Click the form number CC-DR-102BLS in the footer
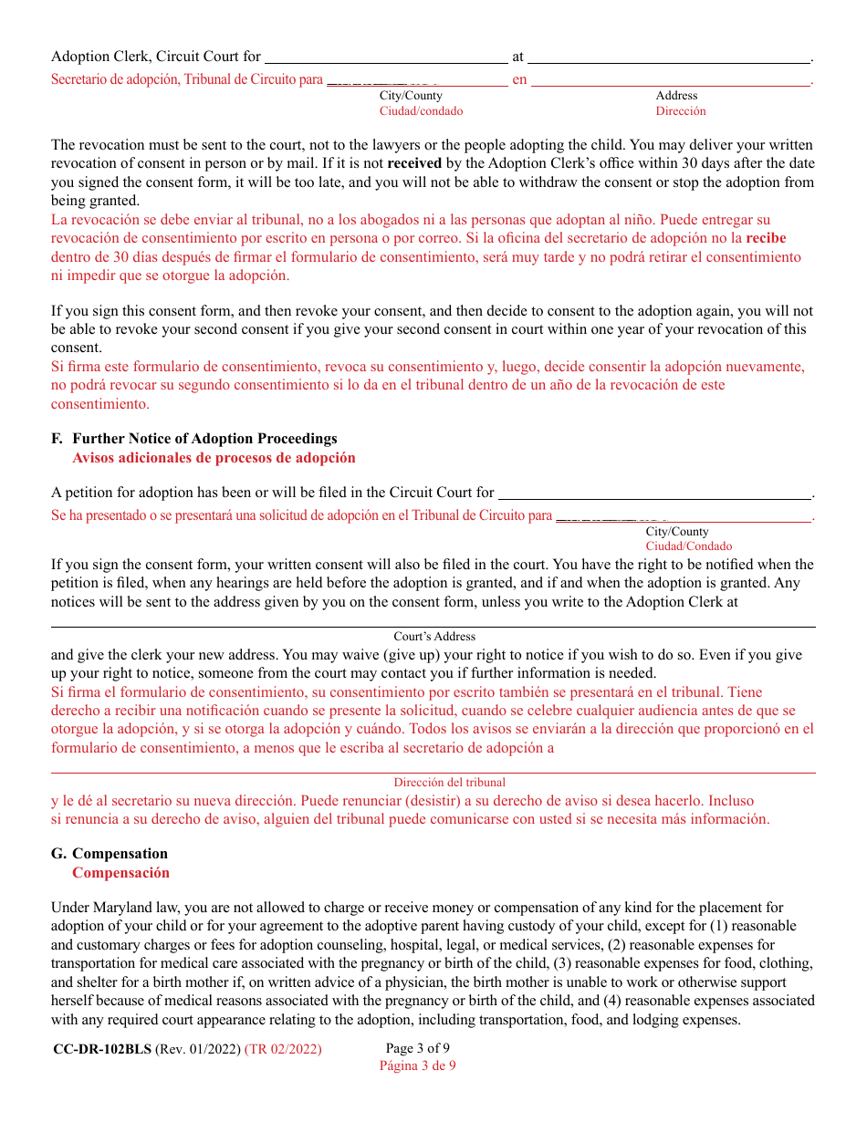[102, 1049]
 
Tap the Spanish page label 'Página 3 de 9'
[417, 1065]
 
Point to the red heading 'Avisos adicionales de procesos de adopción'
[214, 458]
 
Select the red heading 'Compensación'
[120, 873]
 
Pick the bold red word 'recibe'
[766, 238]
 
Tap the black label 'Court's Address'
[434, 637]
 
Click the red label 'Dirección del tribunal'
[449, 783]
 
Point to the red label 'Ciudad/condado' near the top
[421, 111]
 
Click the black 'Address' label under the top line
[676, 96]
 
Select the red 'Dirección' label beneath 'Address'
[680, 111]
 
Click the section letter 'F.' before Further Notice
[57, 439]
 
